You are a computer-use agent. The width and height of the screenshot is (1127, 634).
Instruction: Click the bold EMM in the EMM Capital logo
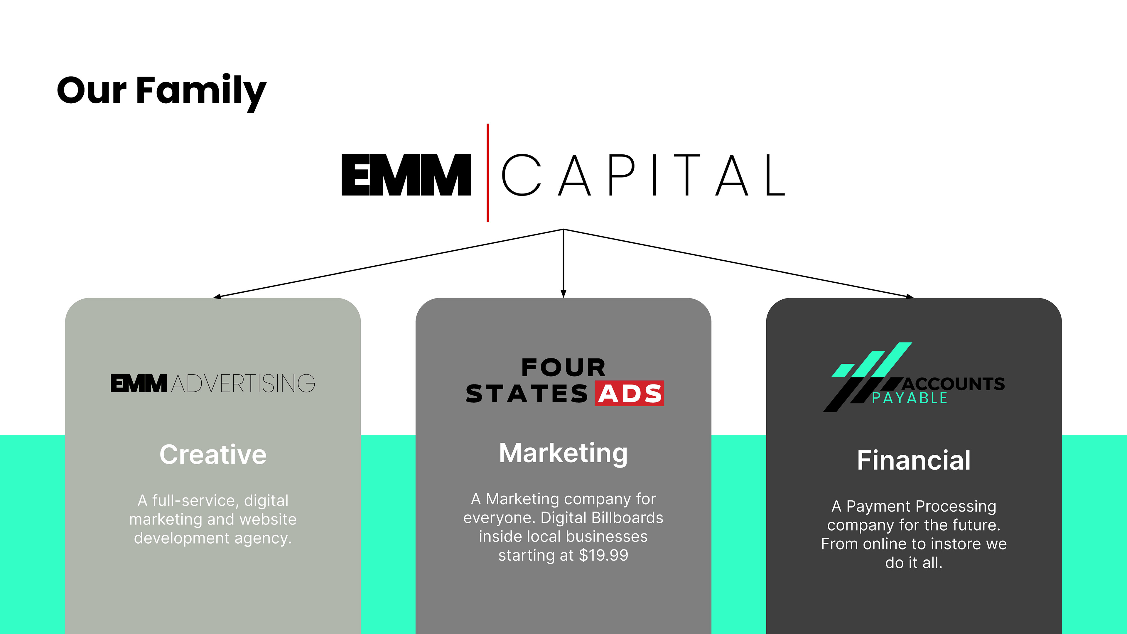pos(406,175)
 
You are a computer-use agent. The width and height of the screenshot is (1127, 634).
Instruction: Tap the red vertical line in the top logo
pos(488,173)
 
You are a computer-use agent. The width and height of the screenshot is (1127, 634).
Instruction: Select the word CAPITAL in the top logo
pos(643,175)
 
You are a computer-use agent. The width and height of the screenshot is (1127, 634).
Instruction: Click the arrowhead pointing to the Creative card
pos(217,297)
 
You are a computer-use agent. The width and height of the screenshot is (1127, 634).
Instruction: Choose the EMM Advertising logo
pos(212,383)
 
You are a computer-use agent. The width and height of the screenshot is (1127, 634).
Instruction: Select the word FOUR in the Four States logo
pos(563,367)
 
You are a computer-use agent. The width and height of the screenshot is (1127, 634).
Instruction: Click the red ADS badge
pos(629,393)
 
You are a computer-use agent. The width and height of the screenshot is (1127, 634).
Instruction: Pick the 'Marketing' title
pos(563,453)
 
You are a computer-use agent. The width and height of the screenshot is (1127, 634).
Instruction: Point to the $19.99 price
pos(603,555)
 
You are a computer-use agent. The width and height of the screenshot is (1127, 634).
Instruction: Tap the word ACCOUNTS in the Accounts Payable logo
pos(954,384)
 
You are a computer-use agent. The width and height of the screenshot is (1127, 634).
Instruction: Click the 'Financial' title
pos(914,460)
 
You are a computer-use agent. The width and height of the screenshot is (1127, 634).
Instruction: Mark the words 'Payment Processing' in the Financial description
pos(921,506)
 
